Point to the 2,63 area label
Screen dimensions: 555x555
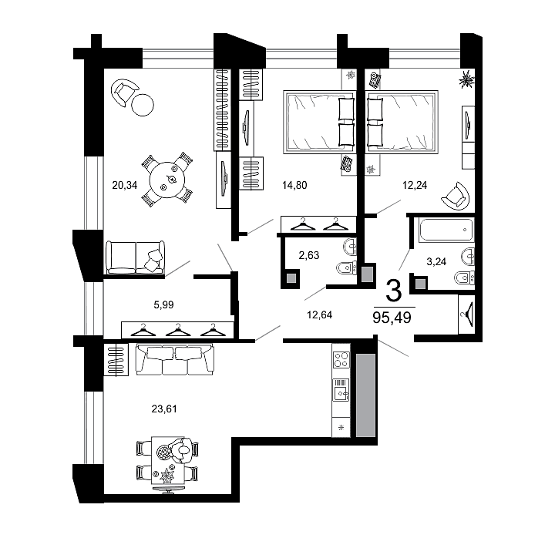click(x=308, y=256)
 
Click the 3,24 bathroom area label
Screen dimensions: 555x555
click(x=436, y=261)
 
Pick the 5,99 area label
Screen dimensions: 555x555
click(x=163, y=305)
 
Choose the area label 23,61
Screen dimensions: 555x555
click(x=165, y=409)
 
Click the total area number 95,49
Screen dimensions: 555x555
click(x=393, y=316)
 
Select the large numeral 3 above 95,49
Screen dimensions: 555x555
click(x=393, y=291)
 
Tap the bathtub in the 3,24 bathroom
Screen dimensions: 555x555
click(x=446, y=229)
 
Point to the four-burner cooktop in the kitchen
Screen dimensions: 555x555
click(x=341, y=360)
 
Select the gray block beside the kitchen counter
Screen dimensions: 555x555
click(x=365, y=395)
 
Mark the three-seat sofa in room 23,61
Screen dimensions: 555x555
click(x=175, y=359)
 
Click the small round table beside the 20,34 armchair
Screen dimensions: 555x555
click(x=143, y=105)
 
